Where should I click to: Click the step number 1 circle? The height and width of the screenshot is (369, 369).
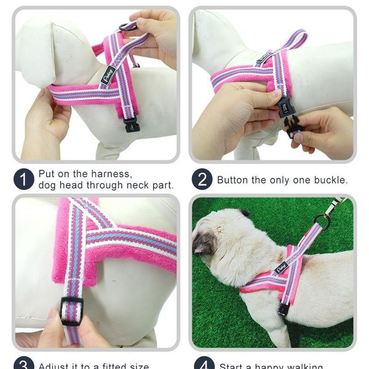[23, 180]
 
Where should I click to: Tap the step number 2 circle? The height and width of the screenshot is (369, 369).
[202, 180]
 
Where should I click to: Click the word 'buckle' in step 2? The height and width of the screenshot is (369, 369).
[331, 180]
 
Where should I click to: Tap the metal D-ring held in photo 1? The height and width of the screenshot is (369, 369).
[128, 26]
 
